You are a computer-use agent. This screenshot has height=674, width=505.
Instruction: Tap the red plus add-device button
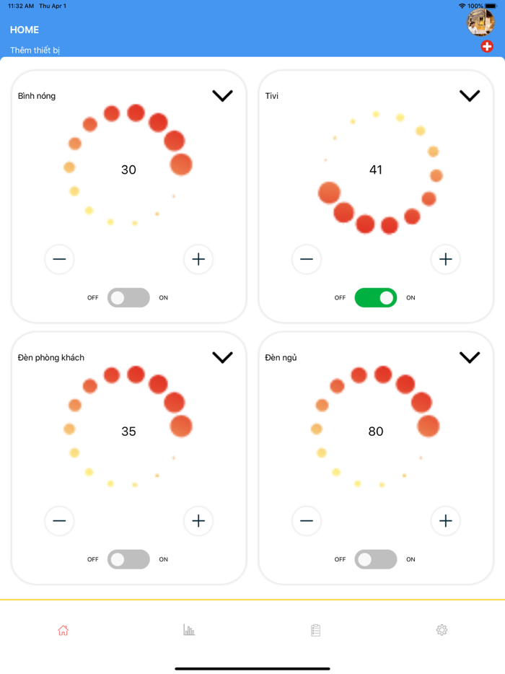pyautogui.click(x=486, y=46)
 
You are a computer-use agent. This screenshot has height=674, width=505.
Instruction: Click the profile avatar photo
pyautogui.click(x=480, y=22)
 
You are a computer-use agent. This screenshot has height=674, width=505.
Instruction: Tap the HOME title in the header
pyautogui.click(x=25, y=30)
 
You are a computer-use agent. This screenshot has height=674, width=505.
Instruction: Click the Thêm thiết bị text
pyautogui.click(x=35, y=51)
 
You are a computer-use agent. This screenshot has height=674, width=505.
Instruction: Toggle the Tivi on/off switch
pyautogui.click(x=376, y=297)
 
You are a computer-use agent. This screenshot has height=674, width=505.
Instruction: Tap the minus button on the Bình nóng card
pyautogui.click(x=59, y=259)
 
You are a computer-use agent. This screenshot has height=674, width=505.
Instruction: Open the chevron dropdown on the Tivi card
pyautogui.click(x=470, y=95)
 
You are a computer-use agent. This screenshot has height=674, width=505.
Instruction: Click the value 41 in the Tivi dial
pyautogui.click(x=376, y=170)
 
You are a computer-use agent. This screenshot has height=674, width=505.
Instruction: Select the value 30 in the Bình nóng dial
pyautogui.click(x=128, y=170)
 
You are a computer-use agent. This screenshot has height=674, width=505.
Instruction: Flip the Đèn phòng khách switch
pyautogui.click(x=128, y=559)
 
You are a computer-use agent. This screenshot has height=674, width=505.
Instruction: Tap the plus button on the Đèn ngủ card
pyautogui.click(x=445, y=521)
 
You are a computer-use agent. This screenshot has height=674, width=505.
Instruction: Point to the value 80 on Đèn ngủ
pyautogui.click(x=376, y=431)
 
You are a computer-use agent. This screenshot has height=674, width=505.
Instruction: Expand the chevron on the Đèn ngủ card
pyautogui.click(x=470, y=357)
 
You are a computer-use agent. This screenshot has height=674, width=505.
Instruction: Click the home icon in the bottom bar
pyautogui.click(x=63, y=630)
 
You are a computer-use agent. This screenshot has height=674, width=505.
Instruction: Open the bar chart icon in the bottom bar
pyautogui.click(x=189, y=630)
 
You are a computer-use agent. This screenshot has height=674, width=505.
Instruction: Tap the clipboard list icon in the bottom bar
pyautogui.click(x=315, y=630)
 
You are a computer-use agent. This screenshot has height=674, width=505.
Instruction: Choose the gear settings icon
pyautogui.click(x=442, y=630)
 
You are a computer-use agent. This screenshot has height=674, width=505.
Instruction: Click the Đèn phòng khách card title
pyautogui.click(x=50, y=358)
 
